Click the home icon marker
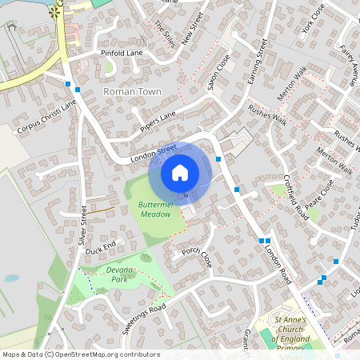click(x=180, y=173)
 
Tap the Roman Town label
click(x=133, y=92)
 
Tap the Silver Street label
click(x=82, y=225)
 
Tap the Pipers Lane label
click(x=158, y=121)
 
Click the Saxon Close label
click(x=218, y=73)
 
